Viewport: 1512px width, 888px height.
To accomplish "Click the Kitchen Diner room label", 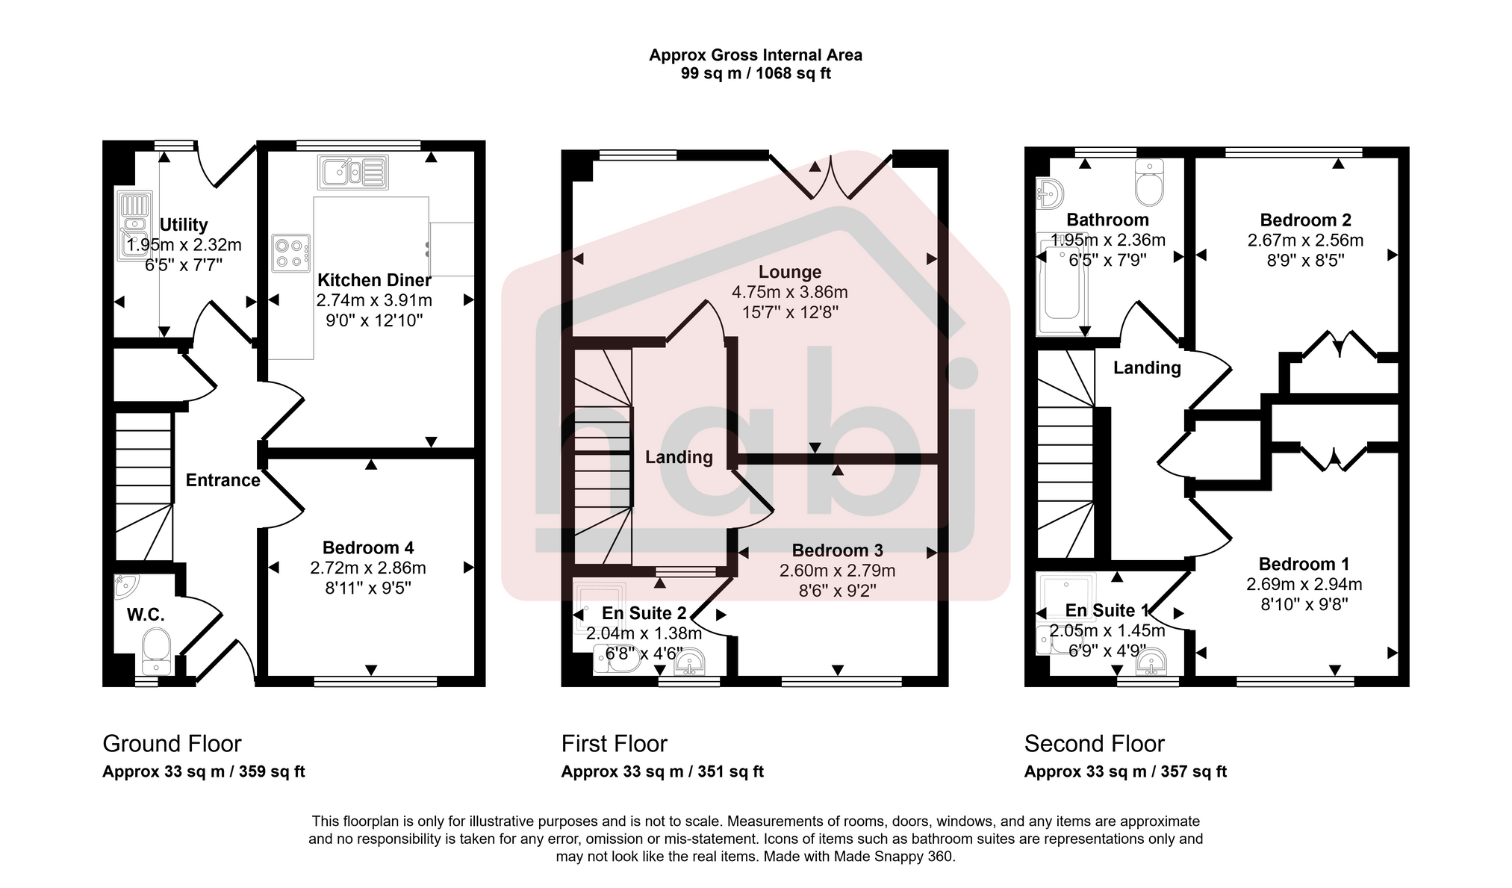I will [374, 280].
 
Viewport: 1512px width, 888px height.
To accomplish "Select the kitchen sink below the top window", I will [352, 173].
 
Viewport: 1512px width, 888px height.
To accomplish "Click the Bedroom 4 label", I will [368, 547].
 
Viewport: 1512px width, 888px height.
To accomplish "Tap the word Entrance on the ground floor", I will [223, 480].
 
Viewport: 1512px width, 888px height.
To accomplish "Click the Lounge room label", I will [790, 272].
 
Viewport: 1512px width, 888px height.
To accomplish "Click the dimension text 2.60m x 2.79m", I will [837, 571].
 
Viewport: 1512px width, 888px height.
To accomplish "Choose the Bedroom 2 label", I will [1305, 220].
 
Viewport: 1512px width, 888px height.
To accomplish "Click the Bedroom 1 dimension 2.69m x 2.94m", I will [1304, 584].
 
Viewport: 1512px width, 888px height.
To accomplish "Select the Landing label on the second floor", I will [1147, 367].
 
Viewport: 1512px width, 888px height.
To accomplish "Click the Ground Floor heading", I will [172, 744].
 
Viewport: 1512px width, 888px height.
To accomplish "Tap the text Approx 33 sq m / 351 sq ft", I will [662, 771].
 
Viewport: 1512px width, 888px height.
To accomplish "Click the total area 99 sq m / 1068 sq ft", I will [755, 73].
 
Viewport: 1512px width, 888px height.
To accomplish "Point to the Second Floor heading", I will [1094, 744].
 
